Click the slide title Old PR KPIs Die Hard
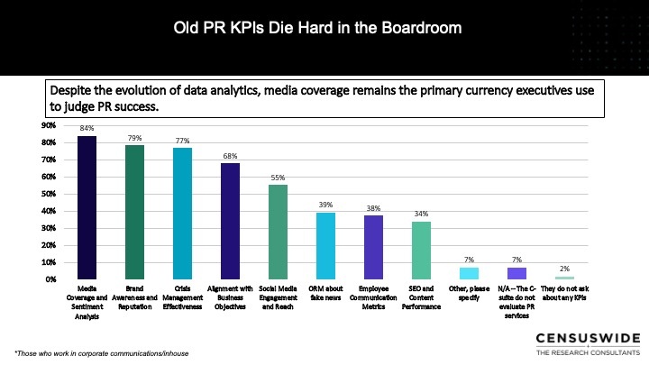(317, 28)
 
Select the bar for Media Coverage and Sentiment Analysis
(87, 207)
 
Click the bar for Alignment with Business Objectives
(231, 221)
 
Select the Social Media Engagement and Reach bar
(279, 232)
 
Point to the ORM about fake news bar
(326, 246)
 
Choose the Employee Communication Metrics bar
(373, 247)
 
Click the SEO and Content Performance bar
(421, 250)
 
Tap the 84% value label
(87, 129)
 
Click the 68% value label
(231, 156)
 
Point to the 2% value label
(564, 269)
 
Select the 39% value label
(326, 205)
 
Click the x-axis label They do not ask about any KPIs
(564, 291)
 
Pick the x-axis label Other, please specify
(469, 291)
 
